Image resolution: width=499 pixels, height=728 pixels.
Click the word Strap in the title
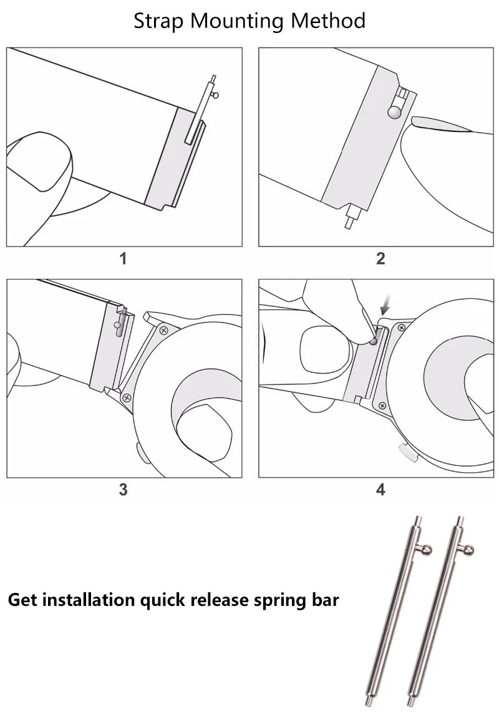point(159,21)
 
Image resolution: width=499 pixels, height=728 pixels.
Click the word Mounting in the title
point(237,21)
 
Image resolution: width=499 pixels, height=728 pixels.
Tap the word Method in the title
point(328,21)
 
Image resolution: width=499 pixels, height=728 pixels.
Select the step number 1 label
point(123,258)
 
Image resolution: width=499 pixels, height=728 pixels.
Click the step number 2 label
point(380,258)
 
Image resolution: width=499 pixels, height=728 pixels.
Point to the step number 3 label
point(123,489)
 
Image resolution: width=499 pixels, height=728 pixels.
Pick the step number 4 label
point(380,489)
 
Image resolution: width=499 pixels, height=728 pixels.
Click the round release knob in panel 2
point(394,113)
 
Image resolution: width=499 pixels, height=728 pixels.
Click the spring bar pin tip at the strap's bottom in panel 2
point(349,222)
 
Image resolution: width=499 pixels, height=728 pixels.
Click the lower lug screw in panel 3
point(127,397)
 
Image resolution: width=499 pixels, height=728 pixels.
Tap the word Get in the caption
point(21,600)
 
